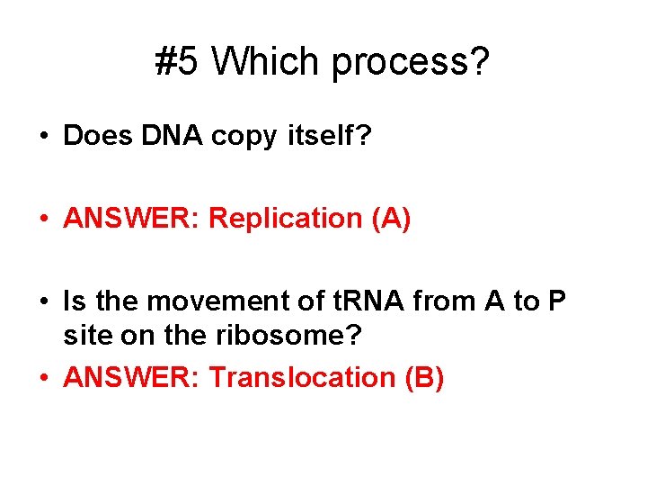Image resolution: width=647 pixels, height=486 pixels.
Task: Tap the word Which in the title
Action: pos(268,62)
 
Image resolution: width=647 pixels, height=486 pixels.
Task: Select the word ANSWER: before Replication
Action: pos(132,219)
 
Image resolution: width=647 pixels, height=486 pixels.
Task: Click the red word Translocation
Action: pos(297,377)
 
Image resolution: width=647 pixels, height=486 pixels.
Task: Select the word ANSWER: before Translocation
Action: pos(132,377)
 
